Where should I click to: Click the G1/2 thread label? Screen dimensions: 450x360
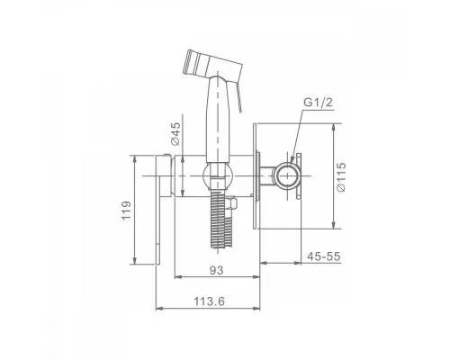pyautogui.click(x=318, y=103)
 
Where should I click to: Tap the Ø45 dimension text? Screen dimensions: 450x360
pyautogui.click(x=175, y=133)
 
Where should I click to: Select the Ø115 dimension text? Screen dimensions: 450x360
pyautogui.click(x=341, y=177)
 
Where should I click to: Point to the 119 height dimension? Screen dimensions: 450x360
pyautogui.click(x=126, y=211)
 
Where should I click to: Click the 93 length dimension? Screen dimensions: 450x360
pyautogui.click(x=217, y=270)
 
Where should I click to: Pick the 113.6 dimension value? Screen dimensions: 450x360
pyautogui.click(x=209, y=301)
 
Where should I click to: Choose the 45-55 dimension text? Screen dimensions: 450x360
pyautogui.click(x=324, y=256)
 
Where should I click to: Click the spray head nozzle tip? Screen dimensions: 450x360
pyautogui.click(x=189, y=62)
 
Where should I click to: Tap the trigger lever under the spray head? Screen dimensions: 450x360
pyautogui.click(x=239, y=97)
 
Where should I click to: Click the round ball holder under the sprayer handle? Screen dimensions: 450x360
pyautogui.click(x=218, y=175)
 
